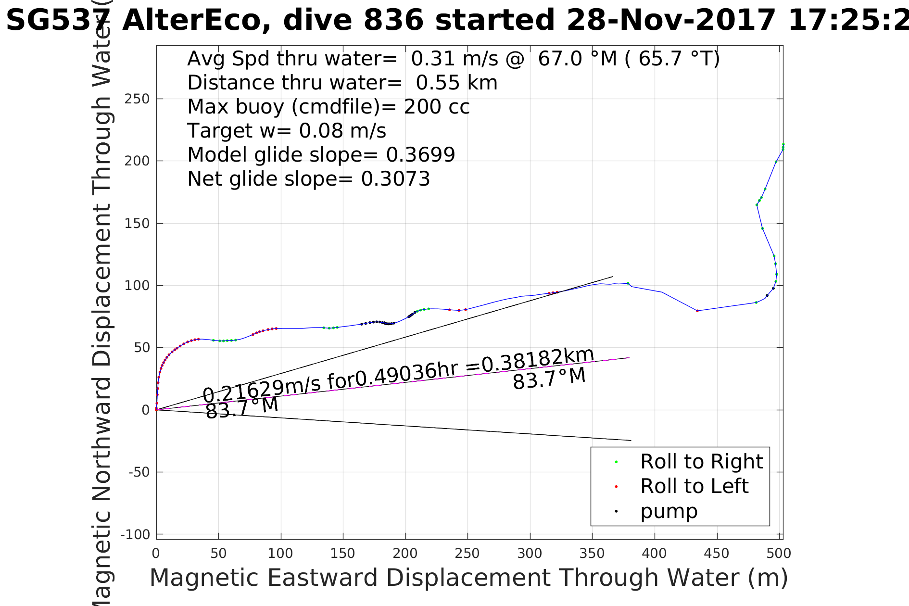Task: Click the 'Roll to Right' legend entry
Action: [701, 462]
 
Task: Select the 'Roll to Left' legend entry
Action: [694, 486]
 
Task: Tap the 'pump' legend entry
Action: [669, 511]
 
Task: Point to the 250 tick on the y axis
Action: [137, 99]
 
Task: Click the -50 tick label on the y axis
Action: [139, 472]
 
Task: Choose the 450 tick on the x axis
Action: [717, 554]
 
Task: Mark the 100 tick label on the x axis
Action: [280, 554]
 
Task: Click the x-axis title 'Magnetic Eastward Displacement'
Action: [468, 578]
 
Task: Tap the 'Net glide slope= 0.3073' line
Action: [308, 179]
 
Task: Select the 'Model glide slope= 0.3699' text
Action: [321, 155]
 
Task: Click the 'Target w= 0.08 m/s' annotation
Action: [287, 131]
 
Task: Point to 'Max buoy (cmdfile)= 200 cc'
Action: [328, 107]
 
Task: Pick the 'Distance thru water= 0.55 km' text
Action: [342, 83]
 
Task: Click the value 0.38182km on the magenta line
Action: [538, 360]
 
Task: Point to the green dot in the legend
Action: [616, 462]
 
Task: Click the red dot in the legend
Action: [616, 487]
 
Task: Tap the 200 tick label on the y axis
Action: [137, 161]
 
